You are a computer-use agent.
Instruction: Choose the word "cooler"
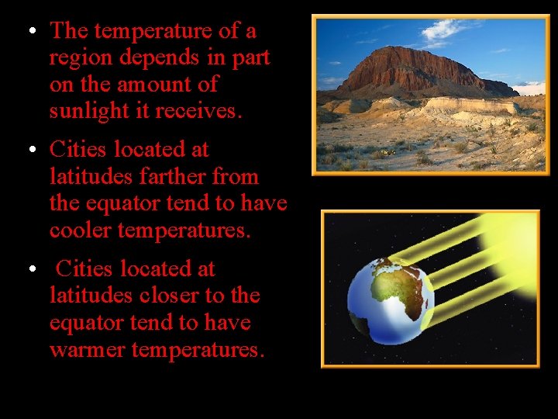83,230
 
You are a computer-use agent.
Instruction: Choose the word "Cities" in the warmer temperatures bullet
86,268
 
